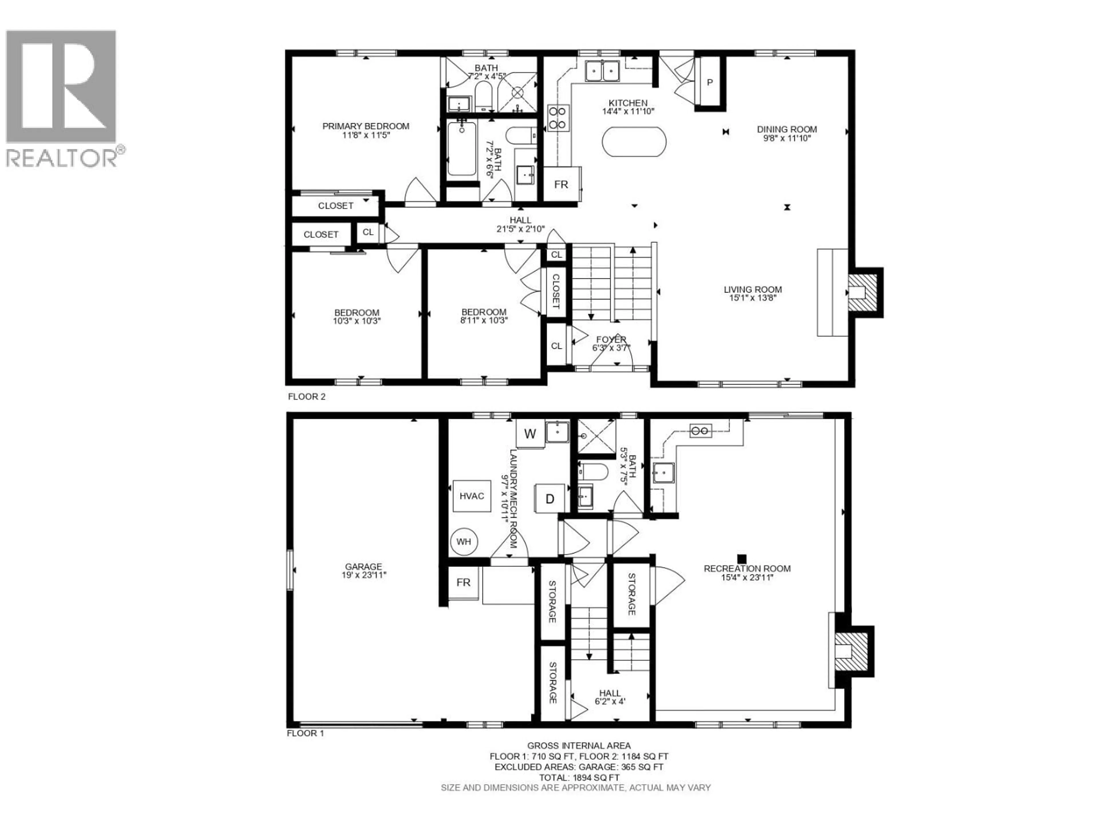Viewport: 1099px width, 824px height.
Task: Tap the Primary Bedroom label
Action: pos(366,126)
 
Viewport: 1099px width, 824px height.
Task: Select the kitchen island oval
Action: pos(633,142)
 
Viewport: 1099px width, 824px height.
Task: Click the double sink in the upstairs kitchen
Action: pos(602,71)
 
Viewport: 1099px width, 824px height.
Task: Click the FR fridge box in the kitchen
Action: pos(561,184)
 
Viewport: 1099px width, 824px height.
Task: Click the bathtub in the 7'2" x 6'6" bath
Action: pos(462,148)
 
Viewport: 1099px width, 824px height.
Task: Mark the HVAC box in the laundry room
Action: pos(471,496)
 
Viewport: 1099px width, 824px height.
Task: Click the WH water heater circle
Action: pos(464,541)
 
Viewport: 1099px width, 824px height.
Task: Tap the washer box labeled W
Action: pos(530,434)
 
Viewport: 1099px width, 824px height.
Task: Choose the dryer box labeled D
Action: pos(549,499)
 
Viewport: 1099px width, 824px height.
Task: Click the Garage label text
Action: pos(364,566)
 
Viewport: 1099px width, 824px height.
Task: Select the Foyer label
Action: pos(611,339)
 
